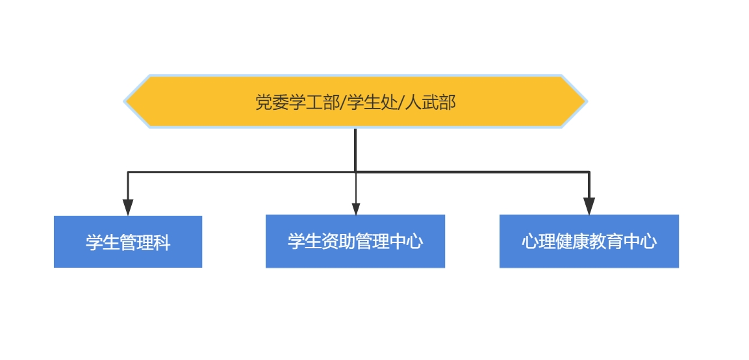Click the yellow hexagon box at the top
355,101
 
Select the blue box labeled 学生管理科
128,242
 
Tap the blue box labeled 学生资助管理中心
355,241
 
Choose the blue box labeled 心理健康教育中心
589,241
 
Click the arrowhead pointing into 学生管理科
128,207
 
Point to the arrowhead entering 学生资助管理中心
356,209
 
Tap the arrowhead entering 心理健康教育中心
589,206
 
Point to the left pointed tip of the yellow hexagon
124,101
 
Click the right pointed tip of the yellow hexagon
587,101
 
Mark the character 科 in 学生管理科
162,242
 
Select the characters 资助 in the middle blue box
338,241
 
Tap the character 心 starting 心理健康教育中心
529,241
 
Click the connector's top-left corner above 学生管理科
128,172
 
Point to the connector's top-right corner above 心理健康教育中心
589,172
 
